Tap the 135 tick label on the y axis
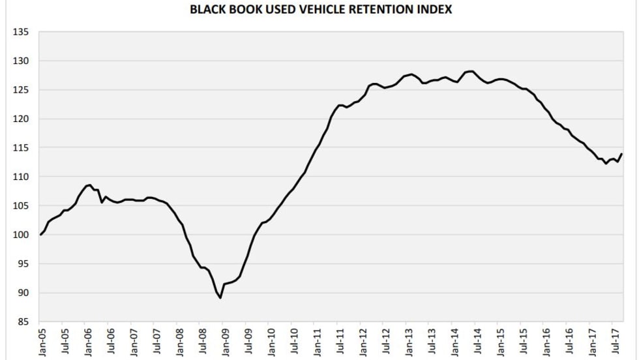21,32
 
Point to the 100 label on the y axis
21,235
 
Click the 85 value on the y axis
23,322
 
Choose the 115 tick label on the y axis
21,148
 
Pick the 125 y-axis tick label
21,90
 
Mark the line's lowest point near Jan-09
221,298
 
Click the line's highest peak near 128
471,71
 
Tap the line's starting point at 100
40,235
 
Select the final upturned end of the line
621,154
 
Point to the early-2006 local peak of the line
89,185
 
